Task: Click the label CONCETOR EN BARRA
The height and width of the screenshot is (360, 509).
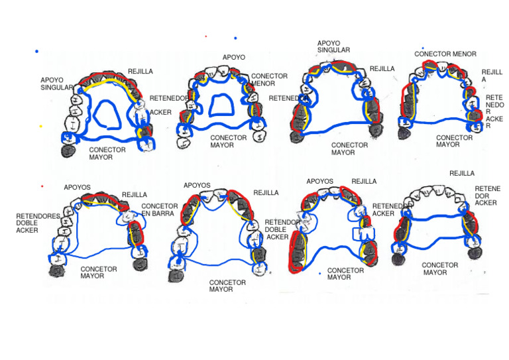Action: pyautogui.click(x=159, y=210)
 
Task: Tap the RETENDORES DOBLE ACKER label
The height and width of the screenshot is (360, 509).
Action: pyautogui.click(x=38, y=223)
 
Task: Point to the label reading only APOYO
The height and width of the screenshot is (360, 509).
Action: pyautogui.click(x=234, y=57)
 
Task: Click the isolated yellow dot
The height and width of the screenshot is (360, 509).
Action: pyautogui.click(x=40, y=126)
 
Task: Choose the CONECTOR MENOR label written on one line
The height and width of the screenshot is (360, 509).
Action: pyautogui.click(x=445, y=54)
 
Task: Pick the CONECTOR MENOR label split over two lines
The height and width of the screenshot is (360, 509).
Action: pyautogui.click(x=269, y=80)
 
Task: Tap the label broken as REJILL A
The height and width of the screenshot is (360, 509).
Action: pyautogui.click(x=492, y=76)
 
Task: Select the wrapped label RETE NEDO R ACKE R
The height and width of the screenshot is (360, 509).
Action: pyautogui.click(x=494, y=111)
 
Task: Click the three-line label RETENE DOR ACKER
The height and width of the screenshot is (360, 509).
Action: pyautogui.click(x=487, y=196)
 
